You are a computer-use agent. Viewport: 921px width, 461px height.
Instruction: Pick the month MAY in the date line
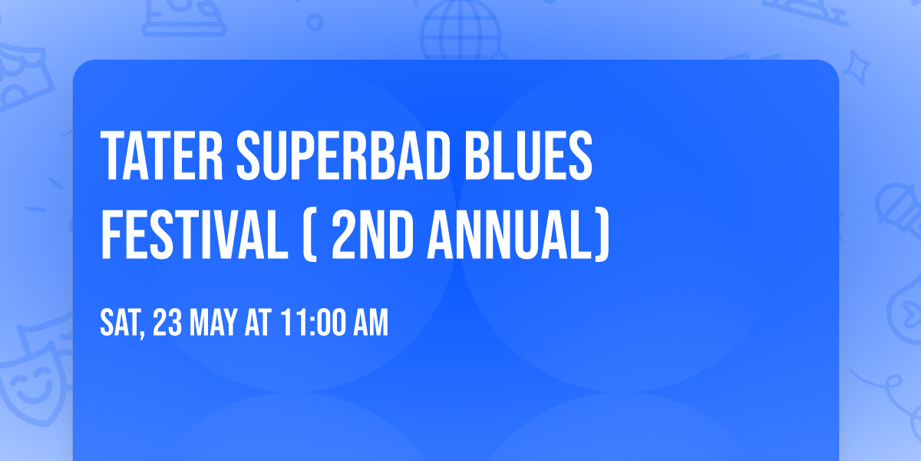tap(216, 323)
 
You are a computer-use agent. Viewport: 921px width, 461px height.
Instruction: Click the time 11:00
tap(311, 323)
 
